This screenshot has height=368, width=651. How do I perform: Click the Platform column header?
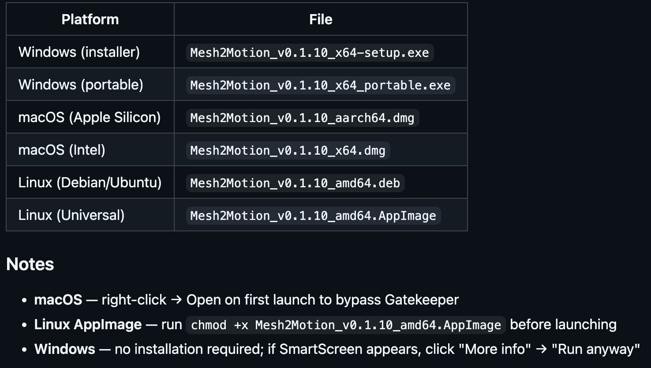pyautogui.click(x=90, y=19)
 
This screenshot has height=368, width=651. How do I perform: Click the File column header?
pyautogui.click(x=321, y=19)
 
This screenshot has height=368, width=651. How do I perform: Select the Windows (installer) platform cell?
pyautogui.click(x=79, y=52)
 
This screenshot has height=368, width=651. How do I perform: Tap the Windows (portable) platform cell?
pyautogui.click(x=81, y=85)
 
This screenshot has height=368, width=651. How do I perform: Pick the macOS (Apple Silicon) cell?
pyautogui.click(x=90, y=117)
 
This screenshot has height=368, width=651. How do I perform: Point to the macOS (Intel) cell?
pyautogui.click(x=62, y=150)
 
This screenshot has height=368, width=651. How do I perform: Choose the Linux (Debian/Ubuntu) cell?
pyautogui.click(x=90, y=183)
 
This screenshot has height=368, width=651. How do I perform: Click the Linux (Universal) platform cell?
pyautogui.click(x=71, y=215)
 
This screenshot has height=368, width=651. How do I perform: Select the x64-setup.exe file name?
pyautogui.click(x=310, y=53)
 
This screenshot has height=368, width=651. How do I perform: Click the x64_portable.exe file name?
pyautogui.click(x=321, y=85)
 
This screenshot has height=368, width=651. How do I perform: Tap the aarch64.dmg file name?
pyautogui.click(x=303, y=118)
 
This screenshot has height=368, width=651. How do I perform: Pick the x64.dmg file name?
pyautogui.click(x=288, y=150)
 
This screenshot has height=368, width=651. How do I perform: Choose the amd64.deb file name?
pyautogui.click(x=295, y=183)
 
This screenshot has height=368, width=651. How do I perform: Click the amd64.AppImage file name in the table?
pyautogui.click(x=313, y=216)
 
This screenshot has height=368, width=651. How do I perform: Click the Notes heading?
pyautogui.click(x=30, y=264)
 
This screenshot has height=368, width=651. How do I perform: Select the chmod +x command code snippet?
pyautogui.click(x=346, y=325)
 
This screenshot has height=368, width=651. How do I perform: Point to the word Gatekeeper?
pyautogui.click(x=422, y=300)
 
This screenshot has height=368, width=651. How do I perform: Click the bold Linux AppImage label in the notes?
pyautogui.click(x=88, y=324)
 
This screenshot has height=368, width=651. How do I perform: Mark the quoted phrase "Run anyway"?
pyautogui.click(x=596, y=349)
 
